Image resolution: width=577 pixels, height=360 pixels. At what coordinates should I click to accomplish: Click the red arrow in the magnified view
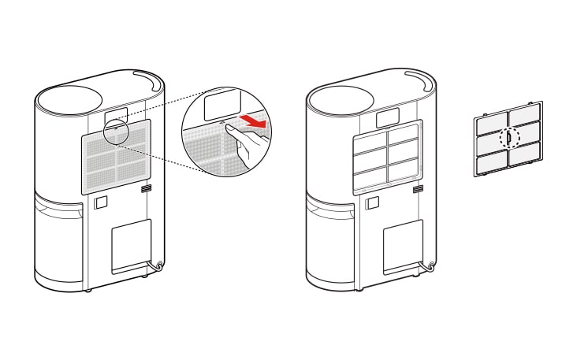[x=253, y=122]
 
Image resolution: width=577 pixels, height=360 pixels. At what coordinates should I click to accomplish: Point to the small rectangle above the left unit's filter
[x=117, y=116]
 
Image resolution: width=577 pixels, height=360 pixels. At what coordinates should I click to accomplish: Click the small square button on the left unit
[x=100, y=202]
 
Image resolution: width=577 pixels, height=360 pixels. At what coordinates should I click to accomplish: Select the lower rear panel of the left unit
[x=131, y=245]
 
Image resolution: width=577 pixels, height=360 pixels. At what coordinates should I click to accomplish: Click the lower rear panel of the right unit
[x=403, y=245]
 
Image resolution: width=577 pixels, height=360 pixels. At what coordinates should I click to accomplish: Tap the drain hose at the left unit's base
[x=158, y=268]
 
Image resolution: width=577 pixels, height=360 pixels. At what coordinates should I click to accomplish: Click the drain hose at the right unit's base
[x=430, y=268]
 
